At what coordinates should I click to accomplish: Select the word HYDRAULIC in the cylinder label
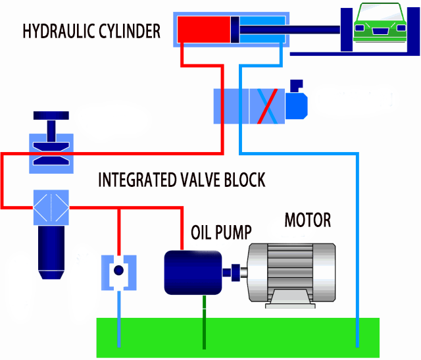pyautogui.click(x=59, y=31)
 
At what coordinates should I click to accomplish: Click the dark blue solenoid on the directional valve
pyautogui.click(x=295, y=101)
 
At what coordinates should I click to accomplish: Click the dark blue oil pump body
pyautogui.click(x=193, y=272)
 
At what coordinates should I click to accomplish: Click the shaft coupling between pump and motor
pyautogui.click(x=233, y=271)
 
